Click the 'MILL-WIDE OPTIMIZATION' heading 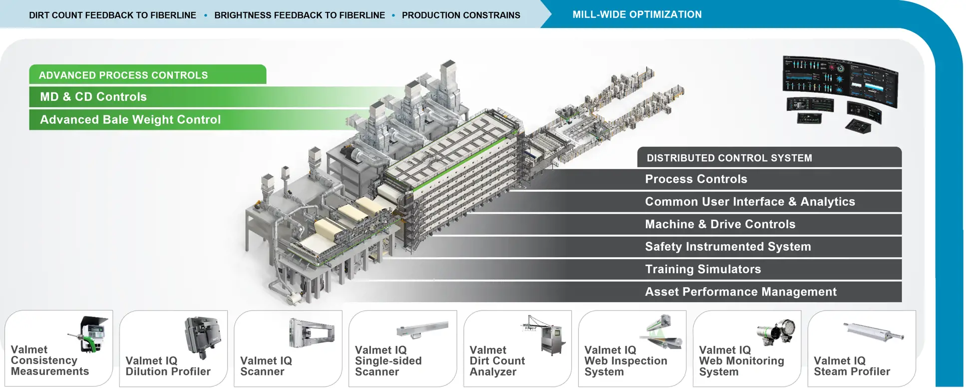[x=637, y=14]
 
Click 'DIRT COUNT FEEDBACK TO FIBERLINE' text [x=112, y=15]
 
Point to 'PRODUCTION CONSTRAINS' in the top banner [x=461, y=15]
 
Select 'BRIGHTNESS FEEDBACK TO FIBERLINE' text [x=300, y=15]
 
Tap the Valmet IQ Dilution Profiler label [x=168, y=366]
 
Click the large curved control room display [x=840, y=80]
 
